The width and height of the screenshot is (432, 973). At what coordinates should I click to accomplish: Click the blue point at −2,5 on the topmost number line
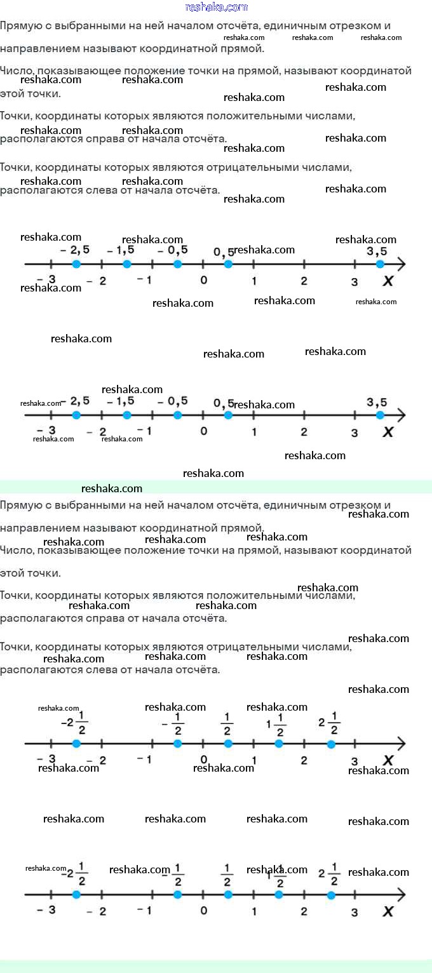pos(76,264)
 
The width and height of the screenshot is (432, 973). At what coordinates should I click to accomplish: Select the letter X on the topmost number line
pos(388,281)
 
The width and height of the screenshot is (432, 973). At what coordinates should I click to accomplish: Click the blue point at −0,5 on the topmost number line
pos(177,264)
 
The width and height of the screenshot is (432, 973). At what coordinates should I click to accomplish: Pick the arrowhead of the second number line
pos(401,415)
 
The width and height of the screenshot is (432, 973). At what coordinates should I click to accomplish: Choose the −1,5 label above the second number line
pos(121,401)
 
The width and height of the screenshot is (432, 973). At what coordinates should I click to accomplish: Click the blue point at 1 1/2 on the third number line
pos(278,744)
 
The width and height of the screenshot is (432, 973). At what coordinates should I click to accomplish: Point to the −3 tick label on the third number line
pos(46,759)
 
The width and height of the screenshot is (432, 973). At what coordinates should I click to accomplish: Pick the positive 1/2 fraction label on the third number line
pos(227,723)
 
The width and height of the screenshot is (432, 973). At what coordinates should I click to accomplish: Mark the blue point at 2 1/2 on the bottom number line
pos(331,895)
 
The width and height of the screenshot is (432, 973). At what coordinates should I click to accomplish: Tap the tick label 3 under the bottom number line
pos(354,912)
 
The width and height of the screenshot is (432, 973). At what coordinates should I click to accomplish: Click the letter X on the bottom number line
pos(388,911)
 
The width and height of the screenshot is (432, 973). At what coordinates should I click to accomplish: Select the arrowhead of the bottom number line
pos(401,895)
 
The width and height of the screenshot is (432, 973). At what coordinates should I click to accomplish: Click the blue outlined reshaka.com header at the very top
pos(216,7)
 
